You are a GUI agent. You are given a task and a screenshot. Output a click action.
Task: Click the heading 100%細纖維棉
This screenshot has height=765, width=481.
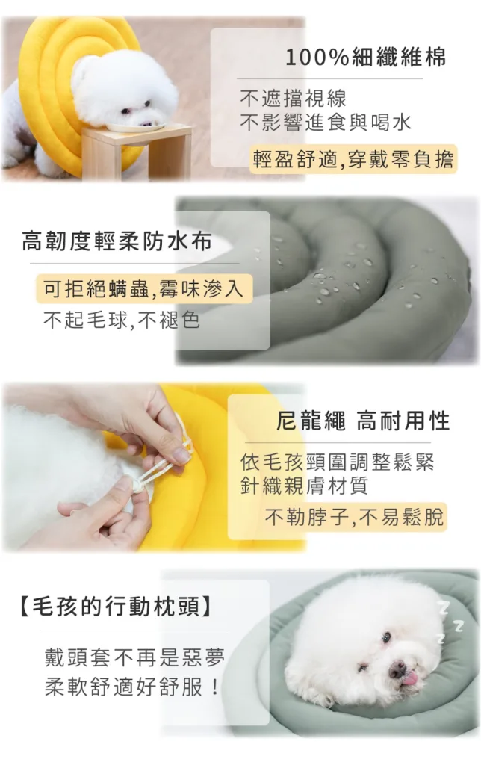coord(365,58)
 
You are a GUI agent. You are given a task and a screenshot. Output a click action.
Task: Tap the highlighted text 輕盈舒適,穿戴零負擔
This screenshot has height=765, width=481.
coord(353,159)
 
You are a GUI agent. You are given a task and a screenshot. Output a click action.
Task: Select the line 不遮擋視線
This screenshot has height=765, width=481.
coord(293,98)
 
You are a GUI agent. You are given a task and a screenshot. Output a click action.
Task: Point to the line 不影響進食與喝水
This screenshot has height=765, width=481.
coord(326,122)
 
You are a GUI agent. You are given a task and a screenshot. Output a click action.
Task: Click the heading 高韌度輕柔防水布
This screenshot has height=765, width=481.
coord(117,241)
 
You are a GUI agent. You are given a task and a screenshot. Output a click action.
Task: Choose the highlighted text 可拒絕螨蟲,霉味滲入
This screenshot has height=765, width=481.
coord(144,288)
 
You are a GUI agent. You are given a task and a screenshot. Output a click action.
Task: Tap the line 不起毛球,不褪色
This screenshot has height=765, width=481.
coord(122,320)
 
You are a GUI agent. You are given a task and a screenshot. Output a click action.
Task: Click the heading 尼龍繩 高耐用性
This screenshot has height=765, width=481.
coord(363,421)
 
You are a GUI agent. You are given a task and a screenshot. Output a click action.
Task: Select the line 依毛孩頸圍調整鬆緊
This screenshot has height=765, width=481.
coord(337,462)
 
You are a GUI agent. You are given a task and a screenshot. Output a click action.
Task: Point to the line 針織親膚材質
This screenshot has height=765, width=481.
coord(304,486)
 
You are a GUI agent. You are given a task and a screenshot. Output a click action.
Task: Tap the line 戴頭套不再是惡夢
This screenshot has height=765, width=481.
coord(134,658)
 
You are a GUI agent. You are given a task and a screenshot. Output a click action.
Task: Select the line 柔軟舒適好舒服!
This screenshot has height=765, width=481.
coord(131,687)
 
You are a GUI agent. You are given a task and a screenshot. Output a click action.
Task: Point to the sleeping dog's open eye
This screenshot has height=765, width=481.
coord(386,637)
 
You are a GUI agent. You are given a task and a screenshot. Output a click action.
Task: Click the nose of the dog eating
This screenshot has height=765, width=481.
coord(146,123)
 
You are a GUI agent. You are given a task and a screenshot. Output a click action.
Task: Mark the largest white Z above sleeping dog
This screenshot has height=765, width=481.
coord(444,607)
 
